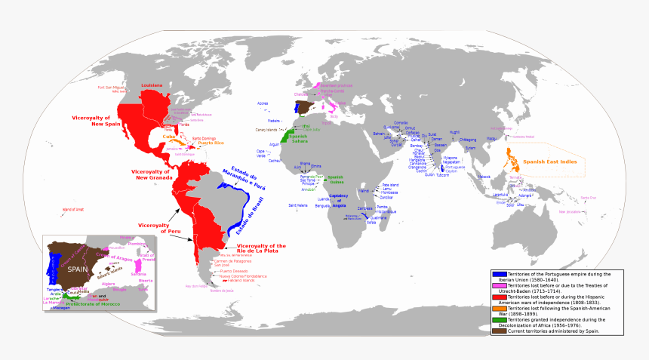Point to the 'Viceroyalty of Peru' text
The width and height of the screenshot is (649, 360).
(x=156, y=228)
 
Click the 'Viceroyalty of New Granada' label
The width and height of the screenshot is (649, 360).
(x=152, y=174)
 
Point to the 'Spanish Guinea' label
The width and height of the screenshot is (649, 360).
(x=335, y=180)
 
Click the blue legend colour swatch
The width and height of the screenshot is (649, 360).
(x=499, y=273)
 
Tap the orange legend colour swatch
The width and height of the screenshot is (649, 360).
(x=499, y=309)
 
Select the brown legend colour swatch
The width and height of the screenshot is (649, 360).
(x=499, y=331)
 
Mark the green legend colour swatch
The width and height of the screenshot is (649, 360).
(x=499, y=320)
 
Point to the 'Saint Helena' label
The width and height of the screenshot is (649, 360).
(x=298, y=205)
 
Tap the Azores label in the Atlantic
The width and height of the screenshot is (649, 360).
(x=263, y=103)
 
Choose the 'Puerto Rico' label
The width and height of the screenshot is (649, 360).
(x=209, y=143)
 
